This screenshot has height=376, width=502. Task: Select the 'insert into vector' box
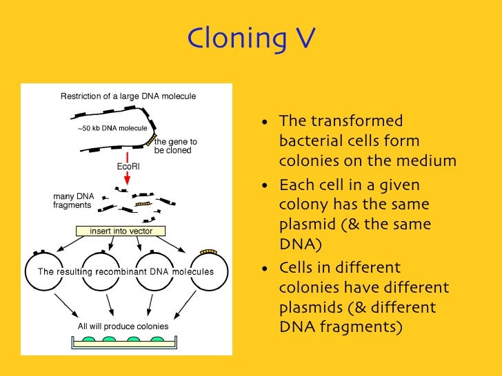click(x=121, y=231)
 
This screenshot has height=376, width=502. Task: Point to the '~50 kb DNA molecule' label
click(x=112, y=129)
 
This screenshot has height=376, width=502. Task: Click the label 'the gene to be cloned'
click(x=174, y=146)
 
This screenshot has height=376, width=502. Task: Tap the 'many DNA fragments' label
click(x=73, y=200)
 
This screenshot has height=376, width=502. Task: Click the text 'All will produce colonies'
click(x=123, y=326)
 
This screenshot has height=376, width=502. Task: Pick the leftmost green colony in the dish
click(x=89, y=340)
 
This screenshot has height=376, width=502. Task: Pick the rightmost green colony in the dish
click(x=157, y=340)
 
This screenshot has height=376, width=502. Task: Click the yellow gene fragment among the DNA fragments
click(x=143, y=204)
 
